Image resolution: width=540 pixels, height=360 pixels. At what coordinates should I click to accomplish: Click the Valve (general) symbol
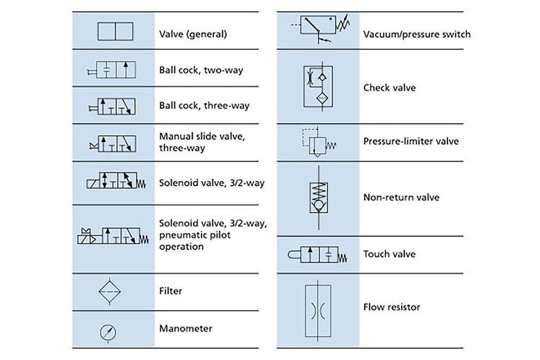(x=115, y=32)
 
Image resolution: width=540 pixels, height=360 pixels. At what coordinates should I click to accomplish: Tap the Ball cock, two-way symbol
(x=111, y=70)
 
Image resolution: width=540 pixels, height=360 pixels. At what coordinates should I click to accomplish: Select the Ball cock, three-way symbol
(x=112, y=106)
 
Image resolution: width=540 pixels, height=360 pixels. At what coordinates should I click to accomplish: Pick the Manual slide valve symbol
(x=113, y=144)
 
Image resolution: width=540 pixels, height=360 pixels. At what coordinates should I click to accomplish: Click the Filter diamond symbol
(x=110, y=292)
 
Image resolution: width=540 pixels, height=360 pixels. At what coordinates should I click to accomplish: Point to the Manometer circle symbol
(x=108, y=333)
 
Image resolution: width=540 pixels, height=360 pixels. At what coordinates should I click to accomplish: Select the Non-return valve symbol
(x=319, y=197)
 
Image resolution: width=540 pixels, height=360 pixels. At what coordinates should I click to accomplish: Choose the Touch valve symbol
(x=317, y=255)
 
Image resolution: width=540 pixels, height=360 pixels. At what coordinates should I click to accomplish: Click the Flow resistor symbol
(x=318, y=311)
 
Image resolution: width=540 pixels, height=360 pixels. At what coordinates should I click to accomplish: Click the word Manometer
(x=186, y=328)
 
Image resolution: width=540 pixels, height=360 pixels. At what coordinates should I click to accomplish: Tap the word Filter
(x=171, y=291)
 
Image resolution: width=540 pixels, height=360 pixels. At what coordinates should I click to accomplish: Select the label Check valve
(x=390, y=88)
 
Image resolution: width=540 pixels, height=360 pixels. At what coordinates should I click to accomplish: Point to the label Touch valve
(x=390, y=254)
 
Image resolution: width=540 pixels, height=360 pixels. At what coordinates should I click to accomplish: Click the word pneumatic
(x=195, y=235)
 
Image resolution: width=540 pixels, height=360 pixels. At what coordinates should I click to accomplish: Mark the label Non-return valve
(x=402, y=197)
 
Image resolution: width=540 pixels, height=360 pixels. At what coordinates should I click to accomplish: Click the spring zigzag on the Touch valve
(x=343, y=258)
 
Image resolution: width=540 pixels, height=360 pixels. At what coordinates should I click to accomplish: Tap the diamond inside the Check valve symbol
(x=322, y=99)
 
